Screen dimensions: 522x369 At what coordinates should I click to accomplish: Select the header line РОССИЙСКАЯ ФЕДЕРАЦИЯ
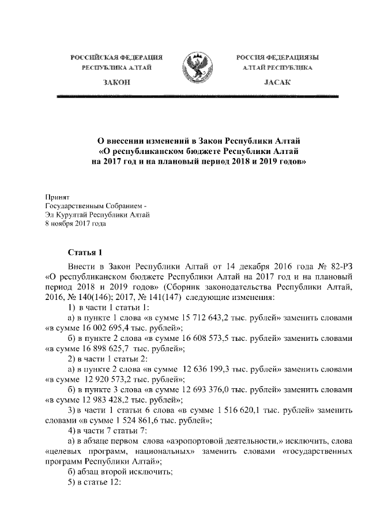(116, 58)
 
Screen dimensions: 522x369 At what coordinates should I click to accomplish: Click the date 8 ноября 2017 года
(75, 224)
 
